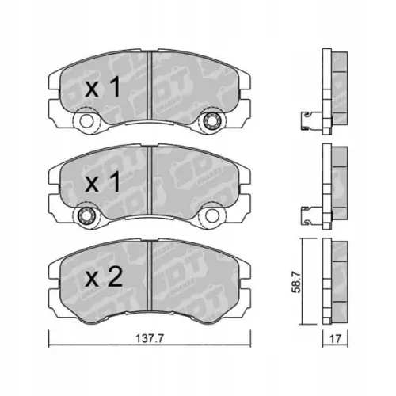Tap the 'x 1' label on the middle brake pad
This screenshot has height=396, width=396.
102,184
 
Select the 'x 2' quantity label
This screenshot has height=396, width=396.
102,277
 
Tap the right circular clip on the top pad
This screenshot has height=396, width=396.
211,122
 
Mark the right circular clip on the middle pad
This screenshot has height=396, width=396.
211,216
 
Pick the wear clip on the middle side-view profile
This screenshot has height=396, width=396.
305,211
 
